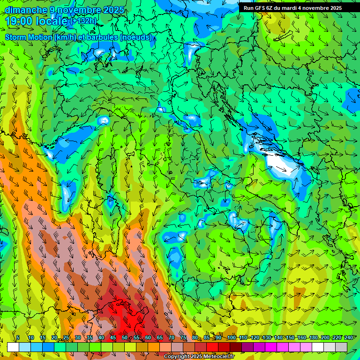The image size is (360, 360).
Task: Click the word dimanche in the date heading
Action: click(x=26, y=10)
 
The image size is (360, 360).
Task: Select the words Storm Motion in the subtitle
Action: click(x=29, y=37)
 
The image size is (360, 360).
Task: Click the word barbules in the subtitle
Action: click(x=103, y=37)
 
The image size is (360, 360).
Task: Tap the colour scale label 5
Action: click(x=18, y=337)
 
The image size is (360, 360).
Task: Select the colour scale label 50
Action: click(x=125, y=337)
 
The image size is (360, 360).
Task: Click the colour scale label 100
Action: click(x=232, y=337)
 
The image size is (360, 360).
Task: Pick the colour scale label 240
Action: click(x=348, y=337)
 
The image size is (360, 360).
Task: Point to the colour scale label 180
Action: click(x=313, y=337)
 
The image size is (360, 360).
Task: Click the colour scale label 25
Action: click(x=66, y=337)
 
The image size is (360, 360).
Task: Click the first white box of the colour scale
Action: click(x=13, y=347)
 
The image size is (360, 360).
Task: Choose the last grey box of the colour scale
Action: click(x=341, y=347)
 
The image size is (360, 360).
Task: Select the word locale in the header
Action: click(x=54, y=21)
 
